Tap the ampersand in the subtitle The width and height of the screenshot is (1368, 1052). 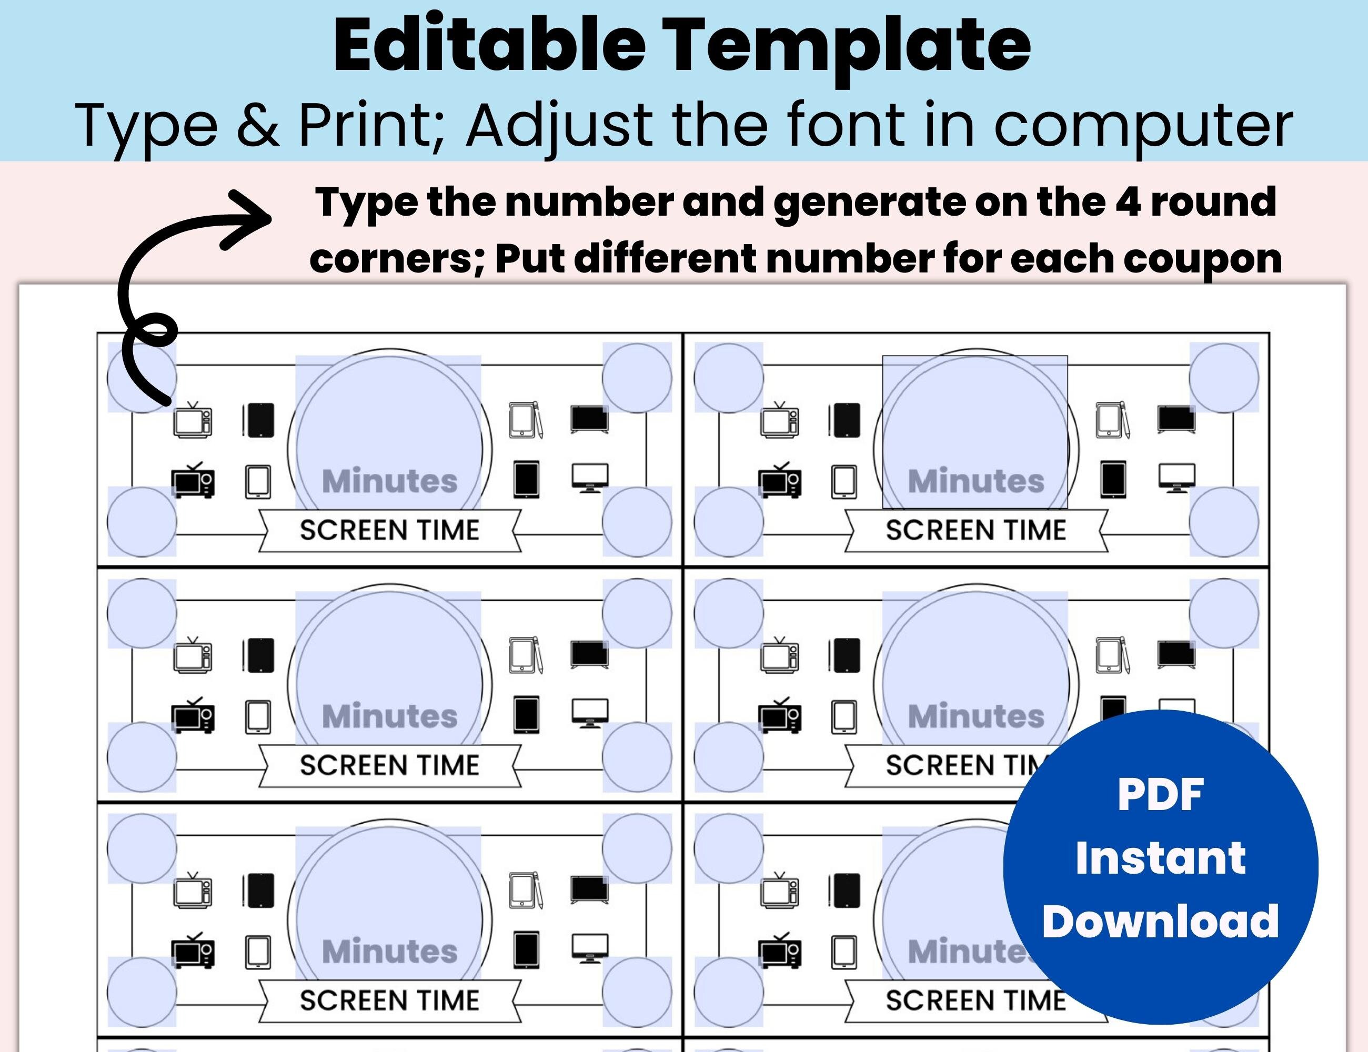[x=257, y=125]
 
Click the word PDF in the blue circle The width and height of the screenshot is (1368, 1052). [x=1160, y=795]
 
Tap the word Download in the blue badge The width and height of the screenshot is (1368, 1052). [x=1160, y=922]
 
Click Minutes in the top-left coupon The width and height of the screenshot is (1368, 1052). [x=389, y=481]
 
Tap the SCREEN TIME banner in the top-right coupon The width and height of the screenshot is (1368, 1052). [x=976, y=530]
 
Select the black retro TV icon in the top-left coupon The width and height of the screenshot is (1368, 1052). [x=194, y=480]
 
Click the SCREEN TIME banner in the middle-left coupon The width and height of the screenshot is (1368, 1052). [x=389, y=765]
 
